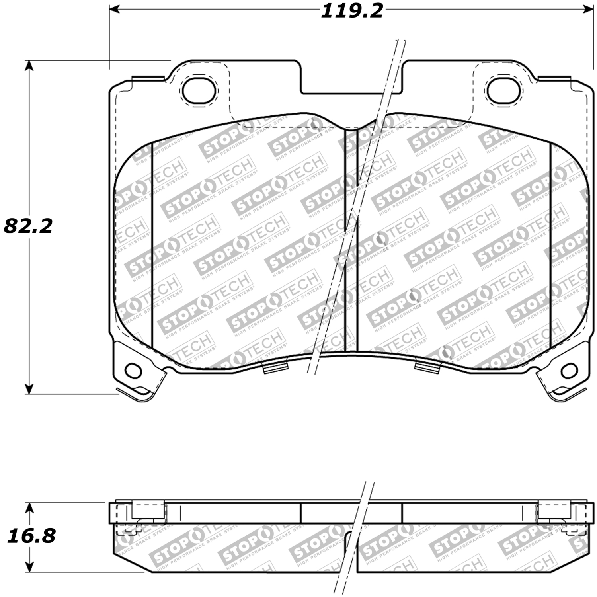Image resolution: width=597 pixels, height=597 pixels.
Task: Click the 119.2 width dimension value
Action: (x=352, y=10)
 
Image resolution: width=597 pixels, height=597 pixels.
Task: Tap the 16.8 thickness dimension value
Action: (x=31, y=536)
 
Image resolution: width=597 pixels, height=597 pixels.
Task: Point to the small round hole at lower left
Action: (x=133, y=370)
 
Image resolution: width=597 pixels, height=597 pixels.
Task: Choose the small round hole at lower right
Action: (x=569, y=371)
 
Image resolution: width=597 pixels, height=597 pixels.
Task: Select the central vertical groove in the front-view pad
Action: (x=351, y=239)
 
